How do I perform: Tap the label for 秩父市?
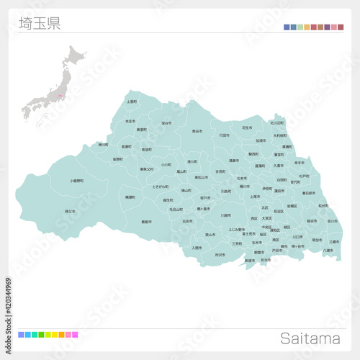click(70, 211)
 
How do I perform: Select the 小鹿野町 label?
click(76, 181)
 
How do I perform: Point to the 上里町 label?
click(131, 102)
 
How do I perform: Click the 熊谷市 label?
click(197, 132)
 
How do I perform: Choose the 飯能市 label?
click(146, 222)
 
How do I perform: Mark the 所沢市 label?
click(219, 254)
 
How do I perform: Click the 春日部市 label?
click(309, 193)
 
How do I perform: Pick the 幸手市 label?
click(299, 163)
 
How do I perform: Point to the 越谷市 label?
click(312, 221)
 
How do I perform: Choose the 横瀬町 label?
click(130, 197)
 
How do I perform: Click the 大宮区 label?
click(266, 218)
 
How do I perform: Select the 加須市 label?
click(260, 140)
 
